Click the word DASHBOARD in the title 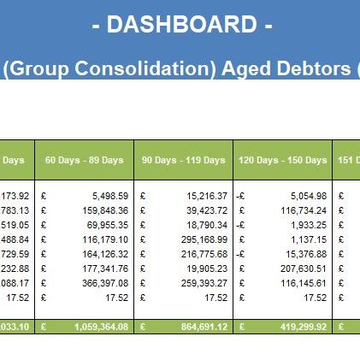[x=180, y=26]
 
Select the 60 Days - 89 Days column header [x=84, y=160]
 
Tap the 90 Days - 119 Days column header [x=183, y=160]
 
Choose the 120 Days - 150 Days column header [x=283, y=160]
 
